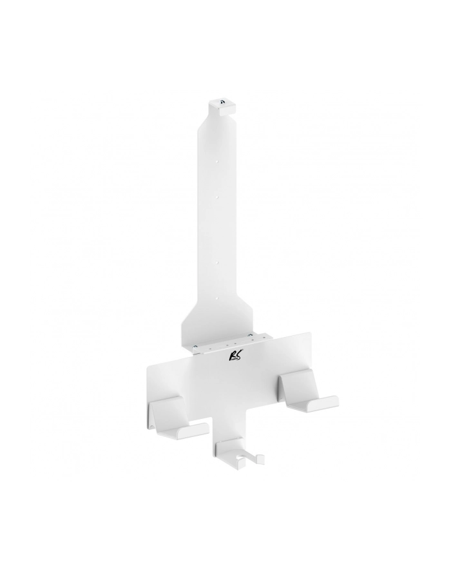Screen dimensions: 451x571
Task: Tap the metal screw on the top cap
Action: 222,102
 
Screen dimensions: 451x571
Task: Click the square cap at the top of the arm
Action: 222,107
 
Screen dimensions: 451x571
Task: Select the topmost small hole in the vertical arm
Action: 216,160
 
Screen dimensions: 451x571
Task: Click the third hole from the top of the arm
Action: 216,262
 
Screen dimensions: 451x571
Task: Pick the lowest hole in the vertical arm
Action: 217,299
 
